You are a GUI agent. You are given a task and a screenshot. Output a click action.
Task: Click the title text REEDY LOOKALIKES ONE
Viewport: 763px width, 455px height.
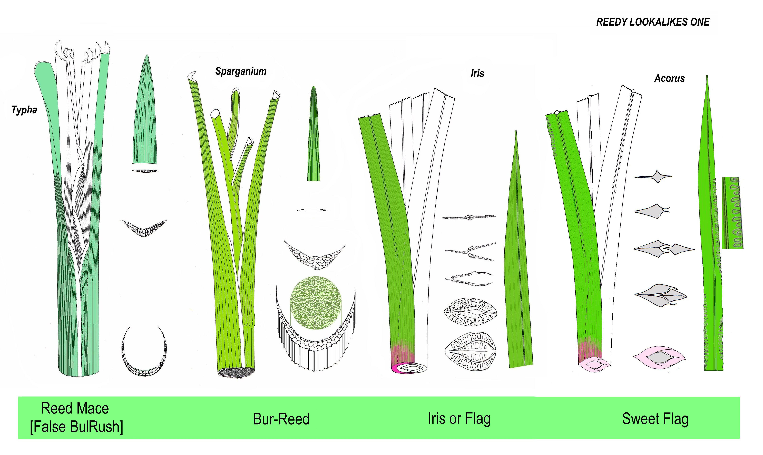point(653,22)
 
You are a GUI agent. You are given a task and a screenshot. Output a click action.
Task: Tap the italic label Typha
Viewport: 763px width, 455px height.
point(24,110)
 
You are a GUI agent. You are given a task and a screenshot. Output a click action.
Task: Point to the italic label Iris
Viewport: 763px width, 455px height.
point(477,73)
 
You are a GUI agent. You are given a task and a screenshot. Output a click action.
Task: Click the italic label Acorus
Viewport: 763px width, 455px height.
point(669,78)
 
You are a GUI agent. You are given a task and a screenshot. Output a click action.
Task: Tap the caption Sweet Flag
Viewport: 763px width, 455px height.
point(655,419)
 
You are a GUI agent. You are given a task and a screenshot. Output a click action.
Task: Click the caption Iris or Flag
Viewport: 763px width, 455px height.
point(459,419)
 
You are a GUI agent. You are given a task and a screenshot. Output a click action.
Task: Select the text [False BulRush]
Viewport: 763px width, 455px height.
point(76,427)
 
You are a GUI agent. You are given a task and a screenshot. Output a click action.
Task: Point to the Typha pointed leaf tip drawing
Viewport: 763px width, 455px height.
point(146,110)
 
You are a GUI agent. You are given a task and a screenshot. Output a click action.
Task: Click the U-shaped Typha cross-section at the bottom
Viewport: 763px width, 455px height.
point(144,356)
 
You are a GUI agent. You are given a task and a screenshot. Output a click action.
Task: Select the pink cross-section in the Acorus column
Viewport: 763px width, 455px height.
point(659,357)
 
